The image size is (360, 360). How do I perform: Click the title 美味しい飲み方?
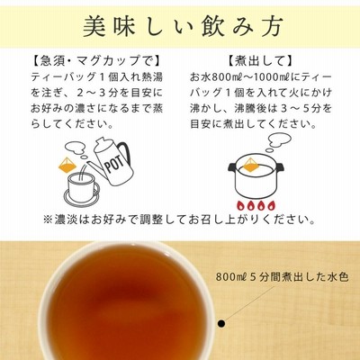tap(183, 27)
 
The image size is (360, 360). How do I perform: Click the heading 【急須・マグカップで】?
tap(96, 61)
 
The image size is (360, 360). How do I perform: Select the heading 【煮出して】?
tap(259, 61)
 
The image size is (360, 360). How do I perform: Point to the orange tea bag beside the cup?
tap(67, 165)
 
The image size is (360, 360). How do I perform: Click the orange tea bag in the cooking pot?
tap(249, 166)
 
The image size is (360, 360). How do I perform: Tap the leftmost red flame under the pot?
tap(240, 206)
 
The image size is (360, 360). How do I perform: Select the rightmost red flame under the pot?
tap(271, 206)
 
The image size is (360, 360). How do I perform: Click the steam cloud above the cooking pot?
tap(277, 141)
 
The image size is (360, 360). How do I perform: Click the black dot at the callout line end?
tap(221, 323)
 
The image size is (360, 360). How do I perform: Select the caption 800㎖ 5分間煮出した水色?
tap(282, 277)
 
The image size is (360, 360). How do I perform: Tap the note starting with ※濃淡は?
tap(180, 220)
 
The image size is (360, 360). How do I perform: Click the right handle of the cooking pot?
tap(280, 170)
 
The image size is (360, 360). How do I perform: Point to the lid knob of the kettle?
tap(102, 141)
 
